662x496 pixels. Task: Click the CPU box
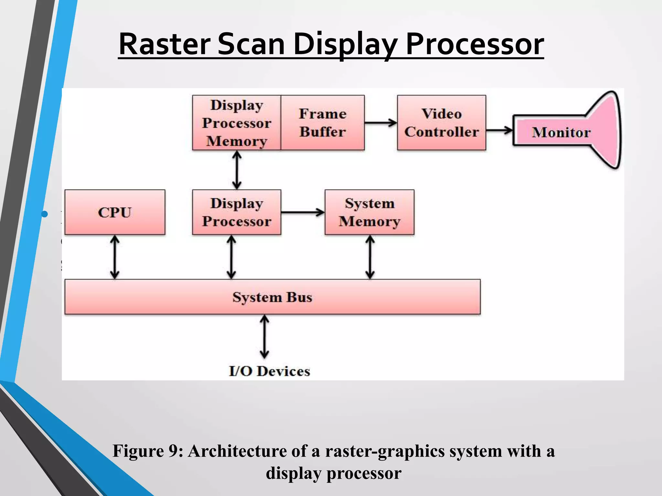115,212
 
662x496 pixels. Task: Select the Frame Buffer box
323,123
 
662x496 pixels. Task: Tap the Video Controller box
442,123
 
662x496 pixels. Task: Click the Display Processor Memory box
237,123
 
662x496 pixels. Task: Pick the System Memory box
369,212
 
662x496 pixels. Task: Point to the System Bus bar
272,297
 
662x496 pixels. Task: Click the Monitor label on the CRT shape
561,132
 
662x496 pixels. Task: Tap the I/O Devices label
269,371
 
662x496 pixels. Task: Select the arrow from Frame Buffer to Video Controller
381,123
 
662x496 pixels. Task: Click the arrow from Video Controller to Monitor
499,130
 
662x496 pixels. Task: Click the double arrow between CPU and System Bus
115,257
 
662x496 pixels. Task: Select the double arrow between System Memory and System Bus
370,257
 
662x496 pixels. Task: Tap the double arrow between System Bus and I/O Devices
264,337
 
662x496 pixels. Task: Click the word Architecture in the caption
238,451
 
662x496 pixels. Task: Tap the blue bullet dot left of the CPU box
45,214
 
